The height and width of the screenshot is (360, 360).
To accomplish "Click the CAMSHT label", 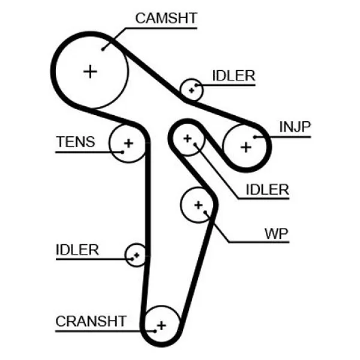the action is pyautogui.click(x=166, y=18).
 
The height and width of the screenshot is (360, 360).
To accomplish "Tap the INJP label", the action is pyautogui.click(x=295, y=127).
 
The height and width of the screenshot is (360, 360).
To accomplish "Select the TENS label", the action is pyautogui.click(x=76, y=142).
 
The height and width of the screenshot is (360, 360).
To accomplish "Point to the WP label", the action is pyautogui.click(x=277, y=234).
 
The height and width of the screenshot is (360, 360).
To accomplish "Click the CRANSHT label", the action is pyautogui.click(x=91, y=321).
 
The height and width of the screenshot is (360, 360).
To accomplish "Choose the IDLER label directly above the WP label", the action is pyautogui.click(x=267, y=190).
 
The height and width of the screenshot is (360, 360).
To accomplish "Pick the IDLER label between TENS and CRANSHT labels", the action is pyautogui.click(x=77, y=250).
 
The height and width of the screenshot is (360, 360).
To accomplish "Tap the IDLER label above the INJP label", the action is pyautogui.click(x=234, y=76).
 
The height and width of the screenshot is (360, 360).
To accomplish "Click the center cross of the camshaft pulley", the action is pyautogui.click(x=90, y=71).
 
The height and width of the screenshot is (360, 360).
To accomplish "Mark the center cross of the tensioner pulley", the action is pyautogui.click(x=128, y=143).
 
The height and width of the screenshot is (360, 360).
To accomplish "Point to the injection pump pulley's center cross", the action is pyautogui.click(x=246, y=147).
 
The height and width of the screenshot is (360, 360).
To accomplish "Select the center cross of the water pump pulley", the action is pyautogui.click(x=199, y=205).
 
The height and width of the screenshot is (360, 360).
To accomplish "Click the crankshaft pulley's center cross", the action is pyautogui.click(x=161, y=325).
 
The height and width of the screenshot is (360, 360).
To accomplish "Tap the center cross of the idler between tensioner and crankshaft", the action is pyautogui.click(x=137, y=255).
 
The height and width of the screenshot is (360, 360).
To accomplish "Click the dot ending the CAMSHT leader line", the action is pyautogui.click(x=103, y=49).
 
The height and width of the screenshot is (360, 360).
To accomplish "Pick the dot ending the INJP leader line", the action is pyautogui.click(x=255, y=137).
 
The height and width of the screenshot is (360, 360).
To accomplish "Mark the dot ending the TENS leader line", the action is pyautogui.click(x=122, y=152).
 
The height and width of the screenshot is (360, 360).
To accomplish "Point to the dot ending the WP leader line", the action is pyautogui.click(x=205, y=212).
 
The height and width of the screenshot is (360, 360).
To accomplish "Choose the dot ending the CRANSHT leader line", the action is pyautogui.click(x=155, y=331).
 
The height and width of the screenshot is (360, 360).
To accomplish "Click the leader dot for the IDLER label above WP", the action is pyautogui.click(x=195, y=145).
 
